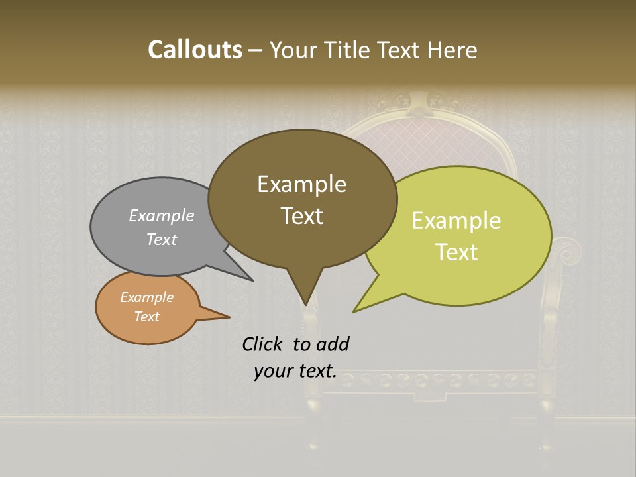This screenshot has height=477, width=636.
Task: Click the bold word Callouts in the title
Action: click(x=195, y=50)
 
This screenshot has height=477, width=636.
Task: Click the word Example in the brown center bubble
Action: click(x=301, y=184)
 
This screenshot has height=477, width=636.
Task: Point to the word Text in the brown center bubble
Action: click(x=301, y=216)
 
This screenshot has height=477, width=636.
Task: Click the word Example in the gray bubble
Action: click(x=162, y=215)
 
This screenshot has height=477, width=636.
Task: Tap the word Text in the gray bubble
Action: click(x=162, y=239)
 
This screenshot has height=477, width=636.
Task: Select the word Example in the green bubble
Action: click(x=456, y=221)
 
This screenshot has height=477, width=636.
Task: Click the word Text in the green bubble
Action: click(x=456, y=252)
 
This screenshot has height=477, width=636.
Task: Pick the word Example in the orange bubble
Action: click(x=146, y=297)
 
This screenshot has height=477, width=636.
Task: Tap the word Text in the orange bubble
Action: click(x=146, y=317)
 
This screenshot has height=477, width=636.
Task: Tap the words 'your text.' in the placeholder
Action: click(x=295, y=371)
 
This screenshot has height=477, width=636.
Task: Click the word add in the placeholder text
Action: click(x=333, y=344)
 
